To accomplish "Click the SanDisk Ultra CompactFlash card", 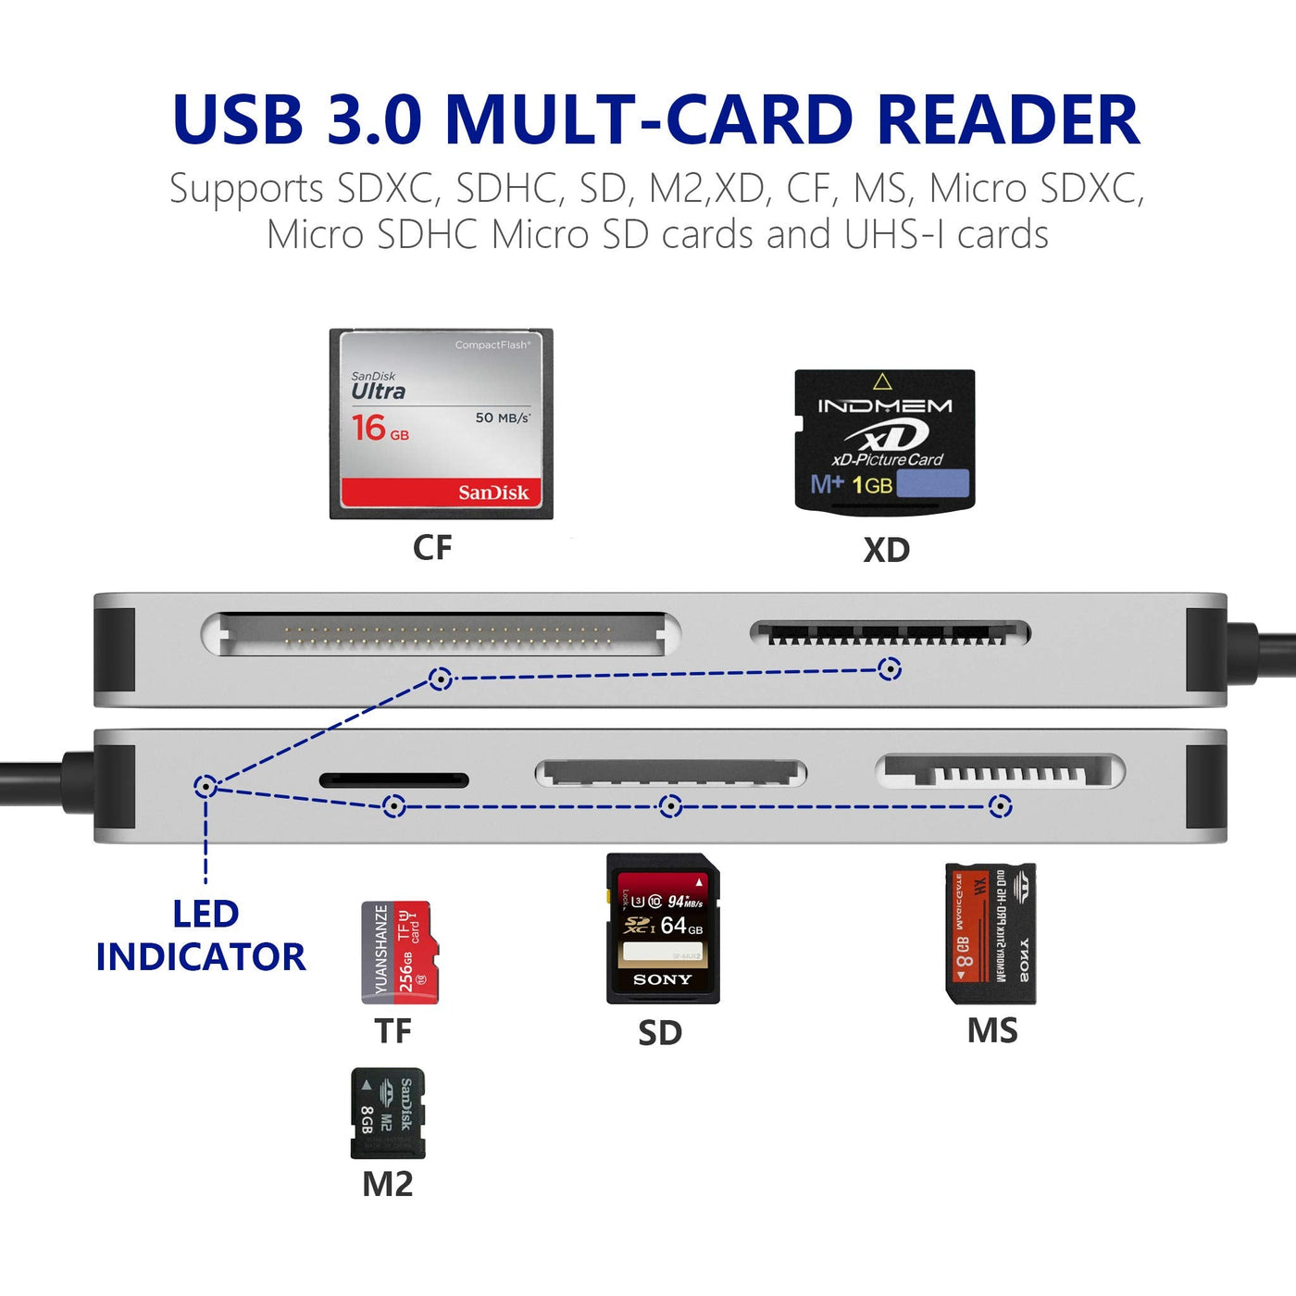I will [x=441, y=423].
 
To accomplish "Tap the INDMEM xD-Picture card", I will [x=885, y=440].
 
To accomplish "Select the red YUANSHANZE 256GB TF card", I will [x=400, y=953].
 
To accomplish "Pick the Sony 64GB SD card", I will [x=663, y=928].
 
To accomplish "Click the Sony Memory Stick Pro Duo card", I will [x=991, y=933].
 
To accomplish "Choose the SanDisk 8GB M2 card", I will [x=388, y=1113].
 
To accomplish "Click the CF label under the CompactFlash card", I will [x=432, y=547].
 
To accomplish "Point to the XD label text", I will [x=886, y=550].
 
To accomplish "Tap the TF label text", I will [x=393, y=1030].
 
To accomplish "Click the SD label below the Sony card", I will [x=660, y=1032].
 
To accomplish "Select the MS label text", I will [x=992, y=1030].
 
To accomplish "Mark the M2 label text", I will [x=388, y=1184].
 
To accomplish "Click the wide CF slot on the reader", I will [x=441, y=634].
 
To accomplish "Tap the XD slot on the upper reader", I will [x=890, y=634].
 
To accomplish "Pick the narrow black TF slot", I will [x=394, y=780].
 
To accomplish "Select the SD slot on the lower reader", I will [x=670, y=773].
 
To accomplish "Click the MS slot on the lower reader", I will [x=1000, y=771].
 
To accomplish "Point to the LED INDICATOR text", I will [x=202, y=935].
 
